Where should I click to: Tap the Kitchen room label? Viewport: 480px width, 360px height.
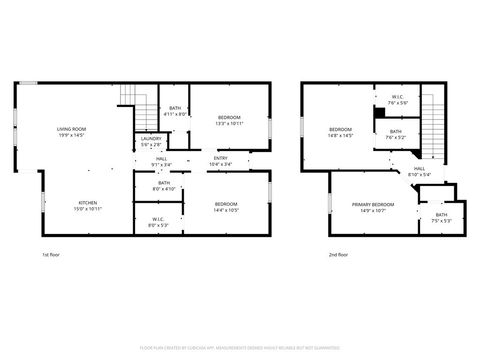tap(72, 206)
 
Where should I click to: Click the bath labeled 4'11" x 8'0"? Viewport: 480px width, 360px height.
tap(175, 110)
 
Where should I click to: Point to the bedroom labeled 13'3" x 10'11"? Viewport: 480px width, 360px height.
tap(229, 121)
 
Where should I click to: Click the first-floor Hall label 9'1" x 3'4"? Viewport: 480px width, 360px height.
tap(160, 162)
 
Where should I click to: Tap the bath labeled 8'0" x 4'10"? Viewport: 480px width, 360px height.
tap(163, 186)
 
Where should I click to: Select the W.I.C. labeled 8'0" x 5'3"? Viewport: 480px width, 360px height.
tap(159, 221)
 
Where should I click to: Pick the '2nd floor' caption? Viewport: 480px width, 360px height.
tap(339, 255)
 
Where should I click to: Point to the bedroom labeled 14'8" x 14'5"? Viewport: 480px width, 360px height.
tap(341, 132)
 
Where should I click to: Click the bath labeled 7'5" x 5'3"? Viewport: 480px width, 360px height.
tap(441, 217)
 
